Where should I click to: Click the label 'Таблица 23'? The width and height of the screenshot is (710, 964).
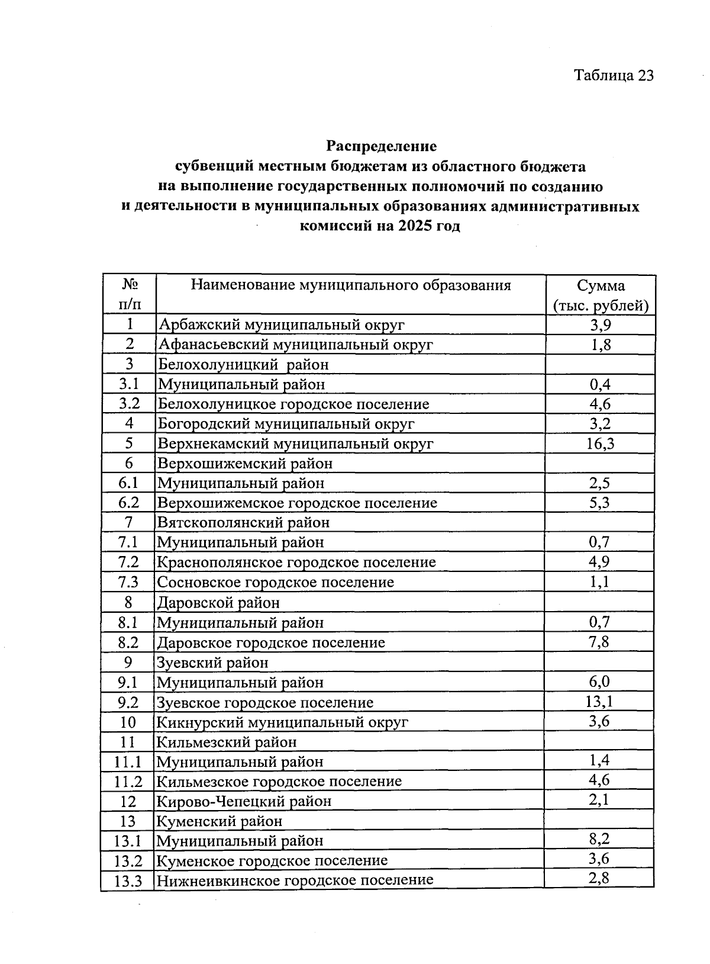click(x=614, y=76)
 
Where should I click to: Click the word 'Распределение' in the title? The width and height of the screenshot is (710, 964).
click(x=381, y=146)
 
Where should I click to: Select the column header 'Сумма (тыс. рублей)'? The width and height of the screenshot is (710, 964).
click(x=601, y=295)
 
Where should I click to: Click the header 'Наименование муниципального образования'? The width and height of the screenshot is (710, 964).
click(x=350, y=285)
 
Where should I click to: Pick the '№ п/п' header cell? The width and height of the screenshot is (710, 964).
click(x=130, y=294)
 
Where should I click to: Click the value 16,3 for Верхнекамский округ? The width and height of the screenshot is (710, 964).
click(x=600, y=444)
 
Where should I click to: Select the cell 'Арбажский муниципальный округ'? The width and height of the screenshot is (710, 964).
click(x=281, y=324)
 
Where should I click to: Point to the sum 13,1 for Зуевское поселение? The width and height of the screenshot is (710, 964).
click(x=599, y=702)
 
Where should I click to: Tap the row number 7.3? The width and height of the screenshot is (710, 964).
click(x=128, y=582)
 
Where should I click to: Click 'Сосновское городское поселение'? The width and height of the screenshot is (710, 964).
click(x=275, y=582)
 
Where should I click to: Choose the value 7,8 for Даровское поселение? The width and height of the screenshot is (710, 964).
click(x=599, y=642)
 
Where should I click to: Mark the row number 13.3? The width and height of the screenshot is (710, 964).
click(x=128, y=881)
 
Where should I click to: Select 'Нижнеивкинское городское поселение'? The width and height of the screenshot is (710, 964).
click(x=294, y=880)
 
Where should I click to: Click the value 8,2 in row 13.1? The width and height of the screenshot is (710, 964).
click(x=599, y=840)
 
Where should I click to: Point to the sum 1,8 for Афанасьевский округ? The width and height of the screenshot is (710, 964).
click(x=601, y=345)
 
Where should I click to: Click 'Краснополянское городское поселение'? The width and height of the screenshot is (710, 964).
click(x=296, y=563)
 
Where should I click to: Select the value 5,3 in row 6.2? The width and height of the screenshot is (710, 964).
click(x=600, y=503)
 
